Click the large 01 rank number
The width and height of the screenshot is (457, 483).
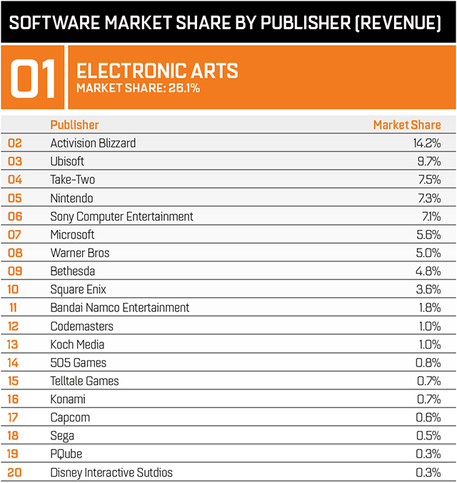tap(32, 79)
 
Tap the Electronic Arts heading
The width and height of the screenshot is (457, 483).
tap(157, 71)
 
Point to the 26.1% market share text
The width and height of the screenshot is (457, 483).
tap(139, 88)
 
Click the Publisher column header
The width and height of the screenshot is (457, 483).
tap(74, 125)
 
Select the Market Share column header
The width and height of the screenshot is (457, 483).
tap(407, 125)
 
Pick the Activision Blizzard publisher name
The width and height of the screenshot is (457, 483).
tap(93, 143)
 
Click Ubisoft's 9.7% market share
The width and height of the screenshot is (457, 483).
tap(429, 161)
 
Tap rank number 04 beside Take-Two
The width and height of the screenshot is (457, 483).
tap(15, 179)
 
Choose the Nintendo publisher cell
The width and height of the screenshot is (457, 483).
tap(71, 198)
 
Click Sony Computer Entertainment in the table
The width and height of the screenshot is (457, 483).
tap(121, 216)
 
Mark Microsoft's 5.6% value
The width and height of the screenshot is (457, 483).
tap(428, 235)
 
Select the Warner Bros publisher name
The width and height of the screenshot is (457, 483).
tap(80, 253)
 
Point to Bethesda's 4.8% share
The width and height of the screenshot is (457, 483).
tap(428, 271)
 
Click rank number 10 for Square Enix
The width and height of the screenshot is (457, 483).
tap(13, 289)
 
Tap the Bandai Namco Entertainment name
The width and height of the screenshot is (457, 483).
tap(120, 307)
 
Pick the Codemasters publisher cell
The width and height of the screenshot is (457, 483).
tap(82, 327)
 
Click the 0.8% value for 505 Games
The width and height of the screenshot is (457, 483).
tap(428, 362)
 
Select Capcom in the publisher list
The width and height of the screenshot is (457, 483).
tap(70, 418)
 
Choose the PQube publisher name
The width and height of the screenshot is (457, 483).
tap(66, 454)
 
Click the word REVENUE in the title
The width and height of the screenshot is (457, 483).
tap(398, 23)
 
